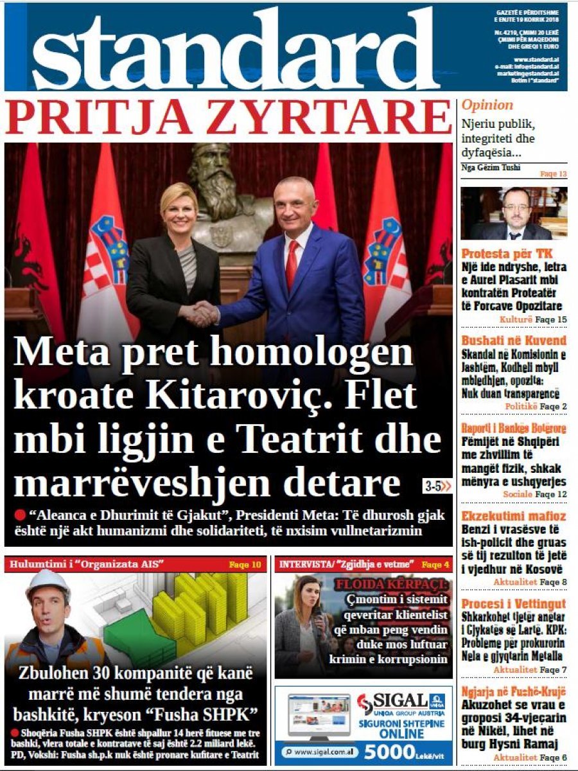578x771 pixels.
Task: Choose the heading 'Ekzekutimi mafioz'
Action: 513,516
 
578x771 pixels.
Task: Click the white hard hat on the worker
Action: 49,581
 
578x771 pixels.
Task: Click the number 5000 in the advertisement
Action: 391,751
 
